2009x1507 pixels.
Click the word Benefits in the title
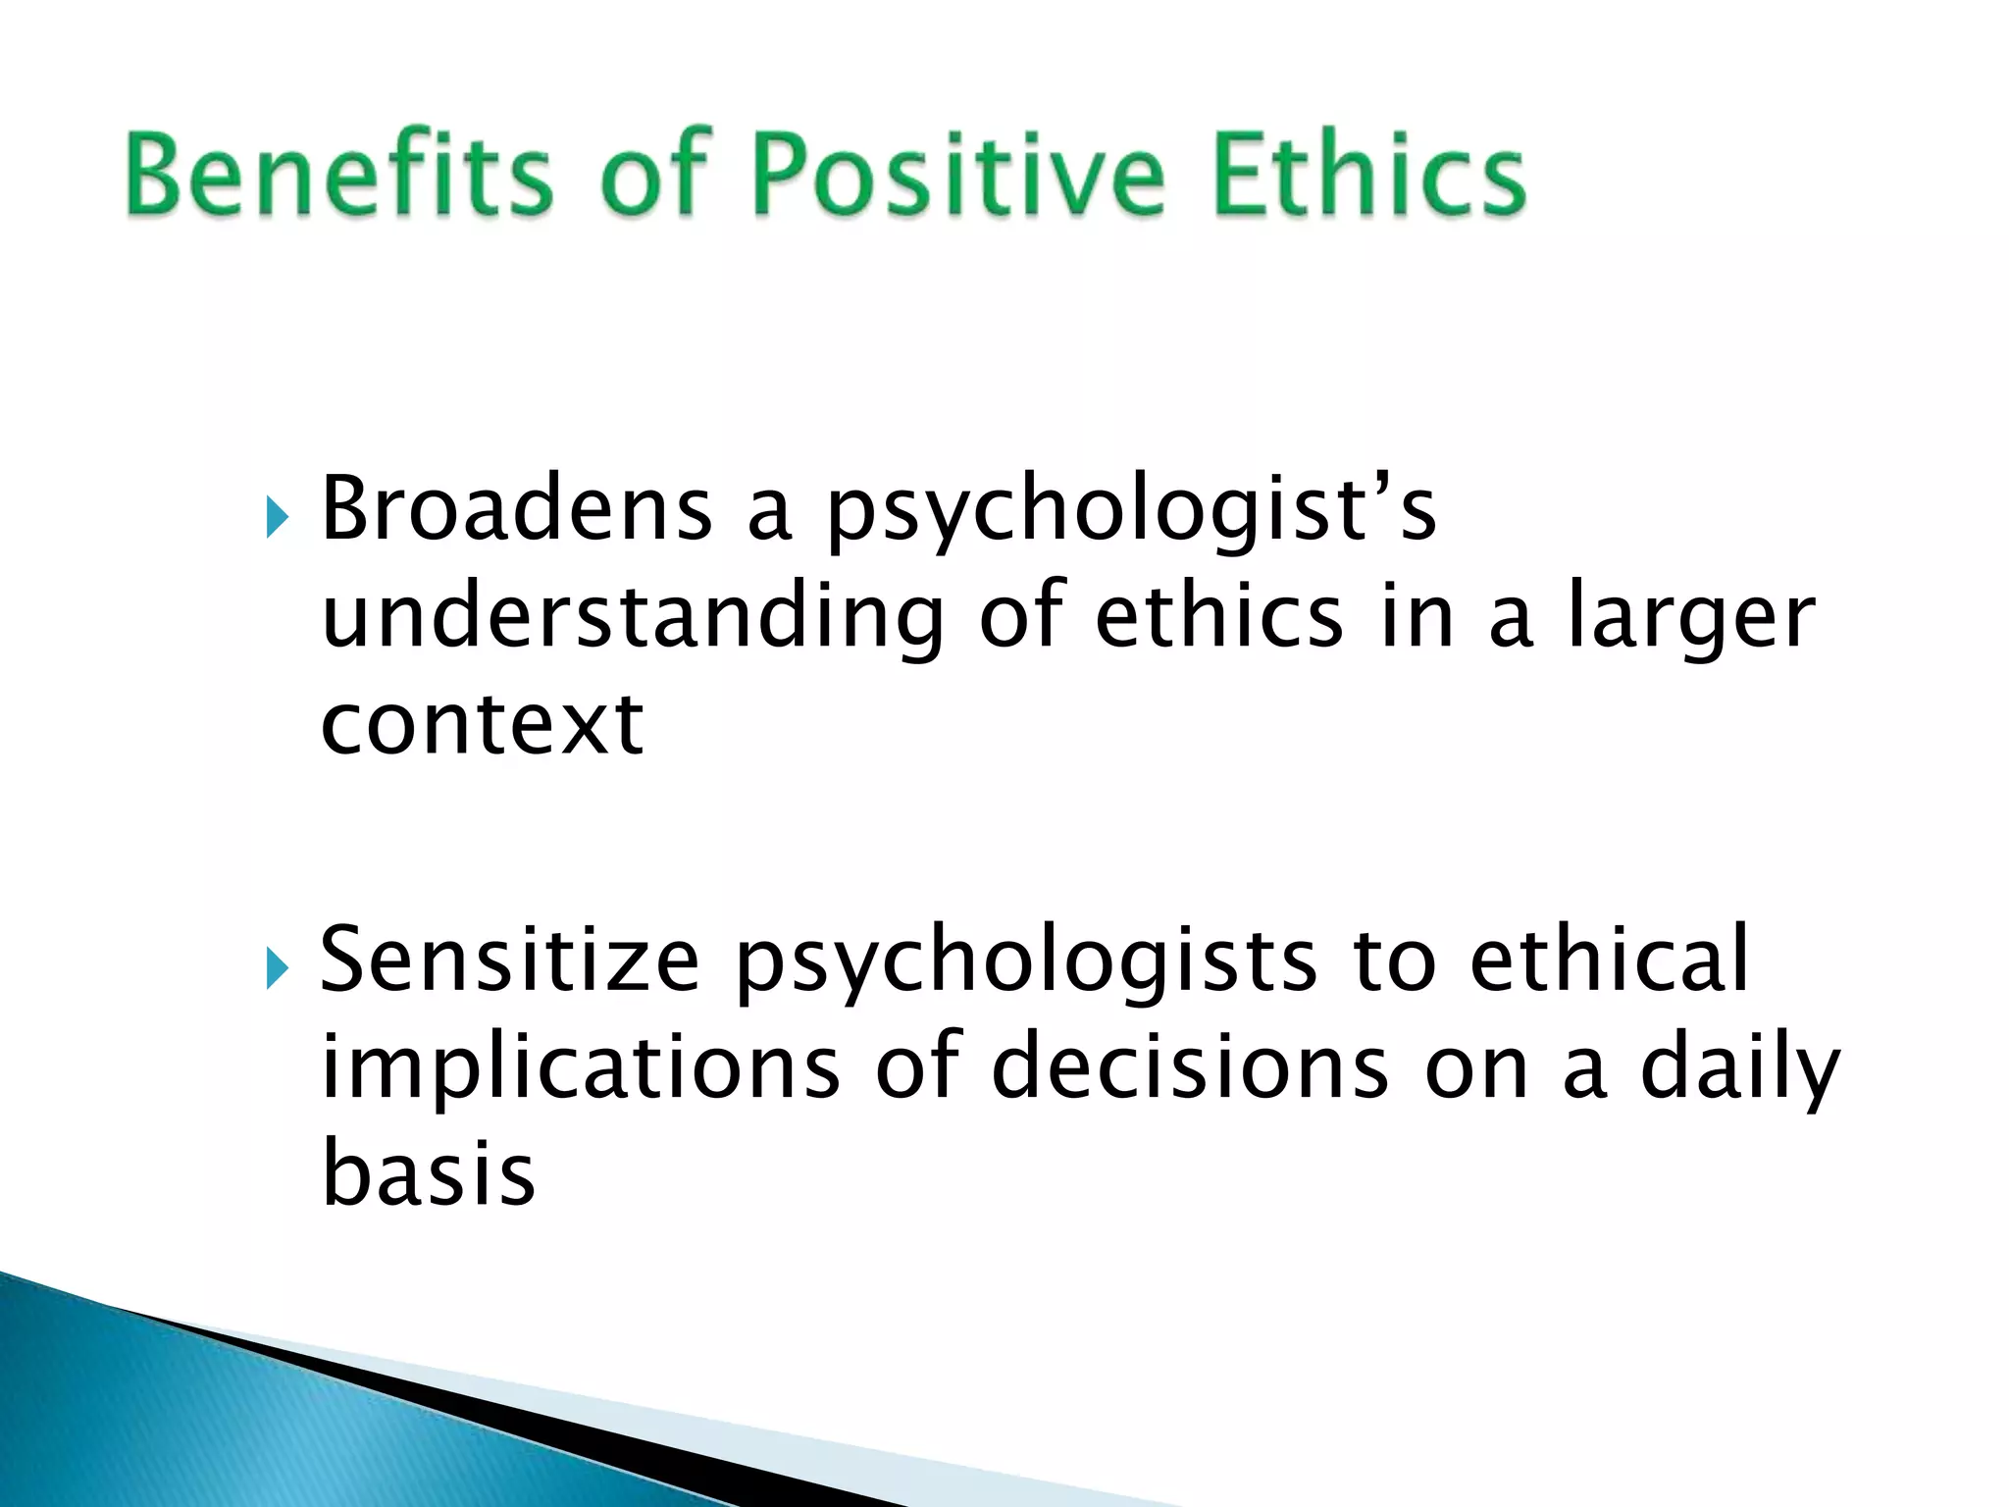338,175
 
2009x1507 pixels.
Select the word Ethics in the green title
1368,175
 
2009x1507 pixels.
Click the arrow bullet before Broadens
278,517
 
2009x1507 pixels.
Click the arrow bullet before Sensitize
278,969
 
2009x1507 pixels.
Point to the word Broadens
516,510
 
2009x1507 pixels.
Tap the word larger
1690,618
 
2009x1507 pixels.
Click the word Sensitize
509,961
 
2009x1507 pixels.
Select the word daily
1739,1069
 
